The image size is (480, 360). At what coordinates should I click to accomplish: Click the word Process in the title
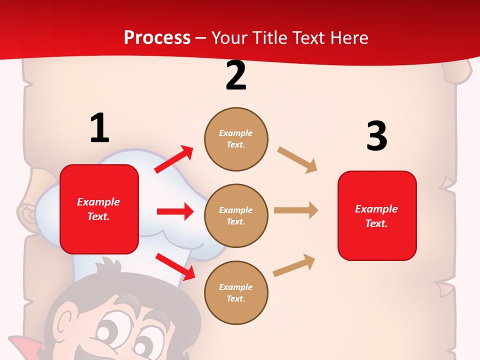tap(157, 37)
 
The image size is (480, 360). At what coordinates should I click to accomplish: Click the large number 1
tap(99, 128)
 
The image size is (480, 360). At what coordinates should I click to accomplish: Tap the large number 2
tap(236, 75)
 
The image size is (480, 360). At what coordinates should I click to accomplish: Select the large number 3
tap(376, 136)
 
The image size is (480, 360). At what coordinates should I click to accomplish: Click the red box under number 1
tap(99, 209)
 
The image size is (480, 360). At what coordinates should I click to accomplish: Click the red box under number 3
tap(377, 216)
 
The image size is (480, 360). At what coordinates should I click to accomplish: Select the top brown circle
tap(236, 139)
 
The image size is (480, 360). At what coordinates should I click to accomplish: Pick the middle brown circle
tap(236, 216)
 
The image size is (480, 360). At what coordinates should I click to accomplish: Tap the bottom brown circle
tap(236, 293)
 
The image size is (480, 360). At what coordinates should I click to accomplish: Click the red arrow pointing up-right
tap(174, 159)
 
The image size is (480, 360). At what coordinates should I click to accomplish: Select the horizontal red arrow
tap(175, 211)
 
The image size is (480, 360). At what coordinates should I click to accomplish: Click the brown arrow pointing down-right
tap(297, 160)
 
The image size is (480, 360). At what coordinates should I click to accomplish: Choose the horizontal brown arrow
tap(296, 210)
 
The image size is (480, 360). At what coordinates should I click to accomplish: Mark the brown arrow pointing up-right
tap(294, 265)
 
